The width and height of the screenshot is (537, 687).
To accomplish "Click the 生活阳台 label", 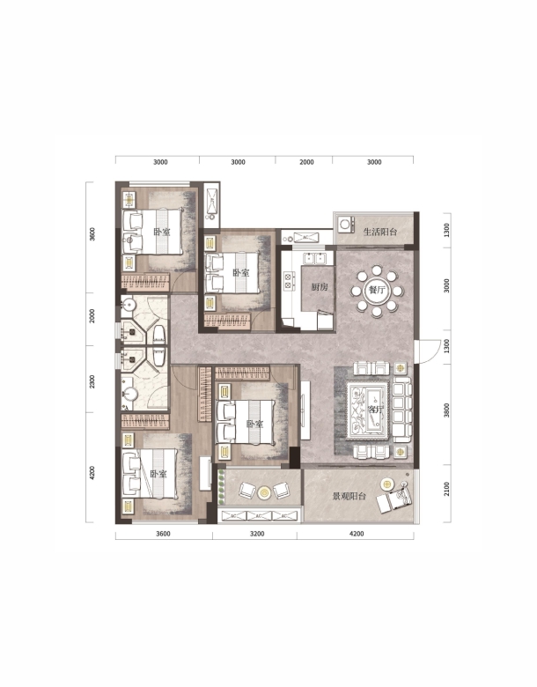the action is [x=380, y=232].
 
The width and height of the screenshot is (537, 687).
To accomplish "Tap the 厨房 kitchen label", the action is [x=320, y=287].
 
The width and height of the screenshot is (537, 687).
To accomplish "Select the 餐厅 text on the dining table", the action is [x=376, y=290].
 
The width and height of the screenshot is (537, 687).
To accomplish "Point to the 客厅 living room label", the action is [x=375, y=410].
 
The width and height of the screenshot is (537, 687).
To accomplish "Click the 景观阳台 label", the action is [x=349, y=497].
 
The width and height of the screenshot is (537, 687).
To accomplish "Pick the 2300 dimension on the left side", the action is [x=92, y=381].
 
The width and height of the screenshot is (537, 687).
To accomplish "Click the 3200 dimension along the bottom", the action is [x=257, y=534].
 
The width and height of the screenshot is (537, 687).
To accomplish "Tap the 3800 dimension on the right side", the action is [x=446, y=410].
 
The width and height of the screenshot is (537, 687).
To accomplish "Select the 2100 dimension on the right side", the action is [x=446, y=489].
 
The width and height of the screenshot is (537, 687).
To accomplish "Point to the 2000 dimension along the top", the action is [x=306, y=162].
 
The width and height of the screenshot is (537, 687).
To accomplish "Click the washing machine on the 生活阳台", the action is [x=346, y=225].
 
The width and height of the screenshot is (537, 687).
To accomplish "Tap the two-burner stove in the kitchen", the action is [x=288, y=280].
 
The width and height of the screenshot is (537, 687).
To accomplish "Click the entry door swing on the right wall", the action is [x=428, y=351].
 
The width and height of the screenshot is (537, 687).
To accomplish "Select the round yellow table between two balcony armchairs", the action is [x=264, y=493].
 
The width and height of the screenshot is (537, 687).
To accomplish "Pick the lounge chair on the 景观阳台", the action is [x=395, y=499].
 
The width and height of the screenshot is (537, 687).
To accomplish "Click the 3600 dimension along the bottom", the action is [x=163, y=534].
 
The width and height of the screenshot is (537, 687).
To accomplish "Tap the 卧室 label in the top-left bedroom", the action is [x=162, y=232].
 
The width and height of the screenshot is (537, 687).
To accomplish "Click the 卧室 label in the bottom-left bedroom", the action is [x=158, y=474].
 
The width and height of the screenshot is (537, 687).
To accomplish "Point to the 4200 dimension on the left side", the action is [x=92, y=473].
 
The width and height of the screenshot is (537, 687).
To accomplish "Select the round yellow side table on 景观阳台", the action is [x=387, y=484].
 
